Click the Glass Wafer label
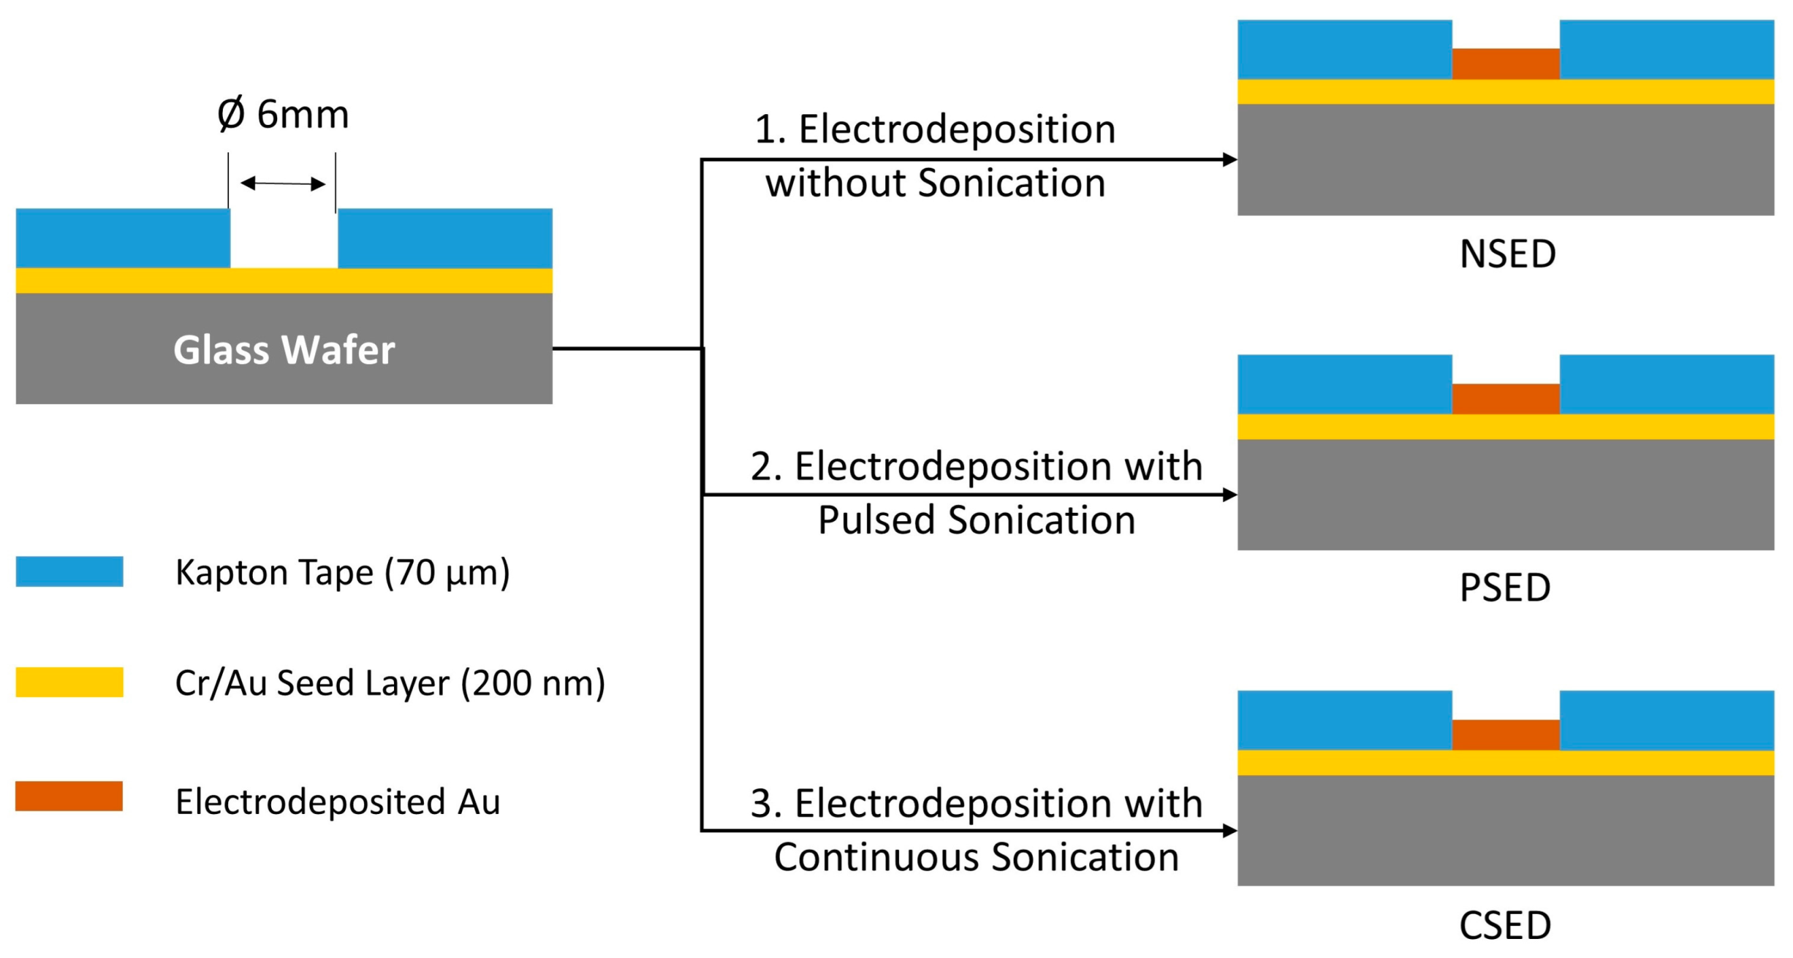tap(284, 349)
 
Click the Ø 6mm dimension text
tap(283, 114)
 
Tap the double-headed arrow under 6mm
tap(283, 184)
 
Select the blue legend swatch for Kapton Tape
tap(69, 571)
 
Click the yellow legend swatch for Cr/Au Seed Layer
tap(69, 681)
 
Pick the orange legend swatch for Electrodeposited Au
tap(69, 796)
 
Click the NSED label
tap(1508, 254)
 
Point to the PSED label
tap(1505, 588)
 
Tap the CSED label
tap(1505, 926)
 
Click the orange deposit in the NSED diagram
tap(1506, 64)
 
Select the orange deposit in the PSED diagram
tap(1506, 399)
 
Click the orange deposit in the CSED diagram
tap(1506, 734)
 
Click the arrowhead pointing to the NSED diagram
tap(1230, 160)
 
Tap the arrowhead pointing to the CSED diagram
tap(1230, 830)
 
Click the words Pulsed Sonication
tap(976, 520)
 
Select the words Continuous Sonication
tap(976, 857)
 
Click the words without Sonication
tap(936, 183)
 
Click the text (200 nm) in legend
tap(533, 683)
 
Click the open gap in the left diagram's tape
tap(284, 238)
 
